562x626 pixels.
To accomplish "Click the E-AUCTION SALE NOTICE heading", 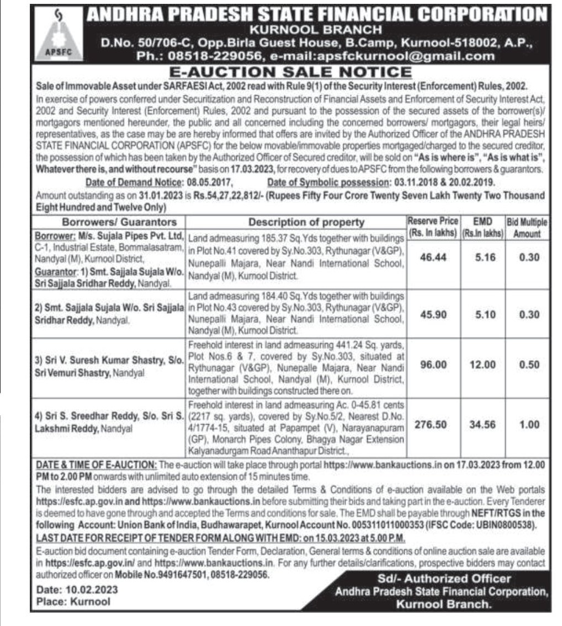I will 290,72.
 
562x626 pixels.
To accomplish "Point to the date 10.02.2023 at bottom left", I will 96,589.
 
